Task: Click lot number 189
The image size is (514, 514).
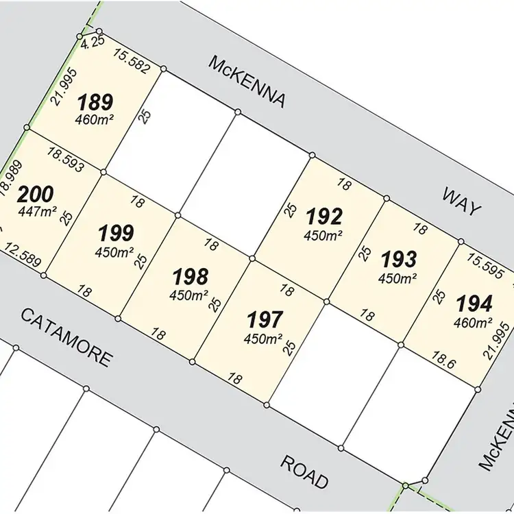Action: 95,103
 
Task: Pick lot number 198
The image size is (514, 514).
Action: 190,276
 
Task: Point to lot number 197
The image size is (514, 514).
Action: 265,319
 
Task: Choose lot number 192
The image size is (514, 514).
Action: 324,217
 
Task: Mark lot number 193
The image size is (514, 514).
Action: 398,260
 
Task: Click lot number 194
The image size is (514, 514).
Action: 474,303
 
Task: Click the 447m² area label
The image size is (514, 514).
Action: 37,211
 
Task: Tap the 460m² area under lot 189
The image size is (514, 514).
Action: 95,120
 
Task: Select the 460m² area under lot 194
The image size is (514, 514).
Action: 474,321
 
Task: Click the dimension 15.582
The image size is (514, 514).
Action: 132,58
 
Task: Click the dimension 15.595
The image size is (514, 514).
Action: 484,263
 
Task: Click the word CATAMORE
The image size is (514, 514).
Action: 65,337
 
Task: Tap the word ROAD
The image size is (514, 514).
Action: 304,472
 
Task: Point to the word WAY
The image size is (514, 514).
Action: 461,201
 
